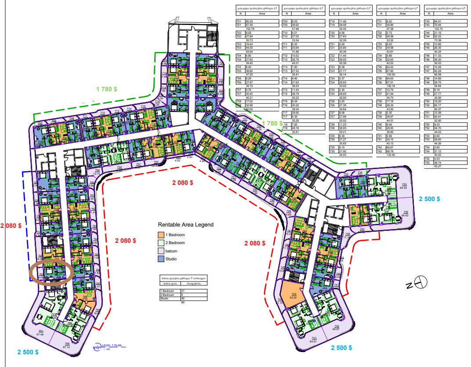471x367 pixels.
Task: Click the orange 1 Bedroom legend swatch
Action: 161,234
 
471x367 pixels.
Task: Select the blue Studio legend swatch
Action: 161,259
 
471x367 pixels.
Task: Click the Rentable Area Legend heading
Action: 186,225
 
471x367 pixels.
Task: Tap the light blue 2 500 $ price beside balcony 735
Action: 430,199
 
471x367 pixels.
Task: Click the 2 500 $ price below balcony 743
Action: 341,348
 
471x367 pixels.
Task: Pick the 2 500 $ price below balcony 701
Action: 28,352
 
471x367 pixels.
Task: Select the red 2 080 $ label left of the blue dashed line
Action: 11,226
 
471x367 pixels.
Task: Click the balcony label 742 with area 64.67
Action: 337,328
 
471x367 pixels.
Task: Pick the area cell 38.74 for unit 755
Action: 438,162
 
